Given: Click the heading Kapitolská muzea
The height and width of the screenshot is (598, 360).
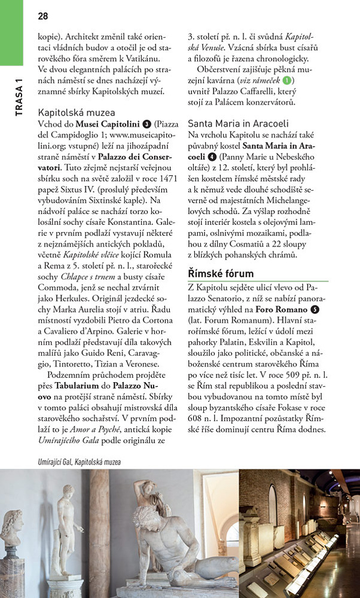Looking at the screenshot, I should click(x=77, y=112).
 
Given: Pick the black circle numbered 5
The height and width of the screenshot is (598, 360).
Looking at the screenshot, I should click(x=315, y=311).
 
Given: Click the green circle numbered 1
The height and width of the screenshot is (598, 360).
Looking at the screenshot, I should click(x=288, y=81).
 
